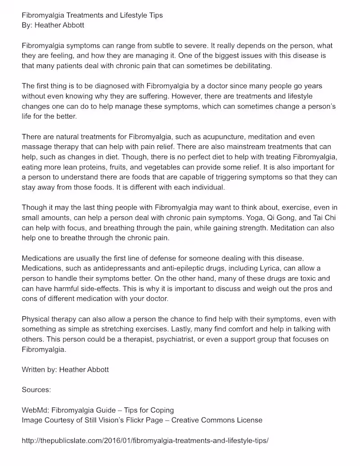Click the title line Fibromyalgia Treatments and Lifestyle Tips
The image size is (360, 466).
point(92,15)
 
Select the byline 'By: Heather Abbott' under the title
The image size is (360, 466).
point(53,25)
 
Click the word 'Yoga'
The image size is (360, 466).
point(248,218)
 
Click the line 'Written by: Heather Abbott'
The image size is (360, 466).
point(65,369)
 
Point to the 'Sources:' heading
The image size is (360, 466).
point(36,390)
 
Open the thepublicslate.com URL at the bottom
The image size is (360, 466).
point(145,440)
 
